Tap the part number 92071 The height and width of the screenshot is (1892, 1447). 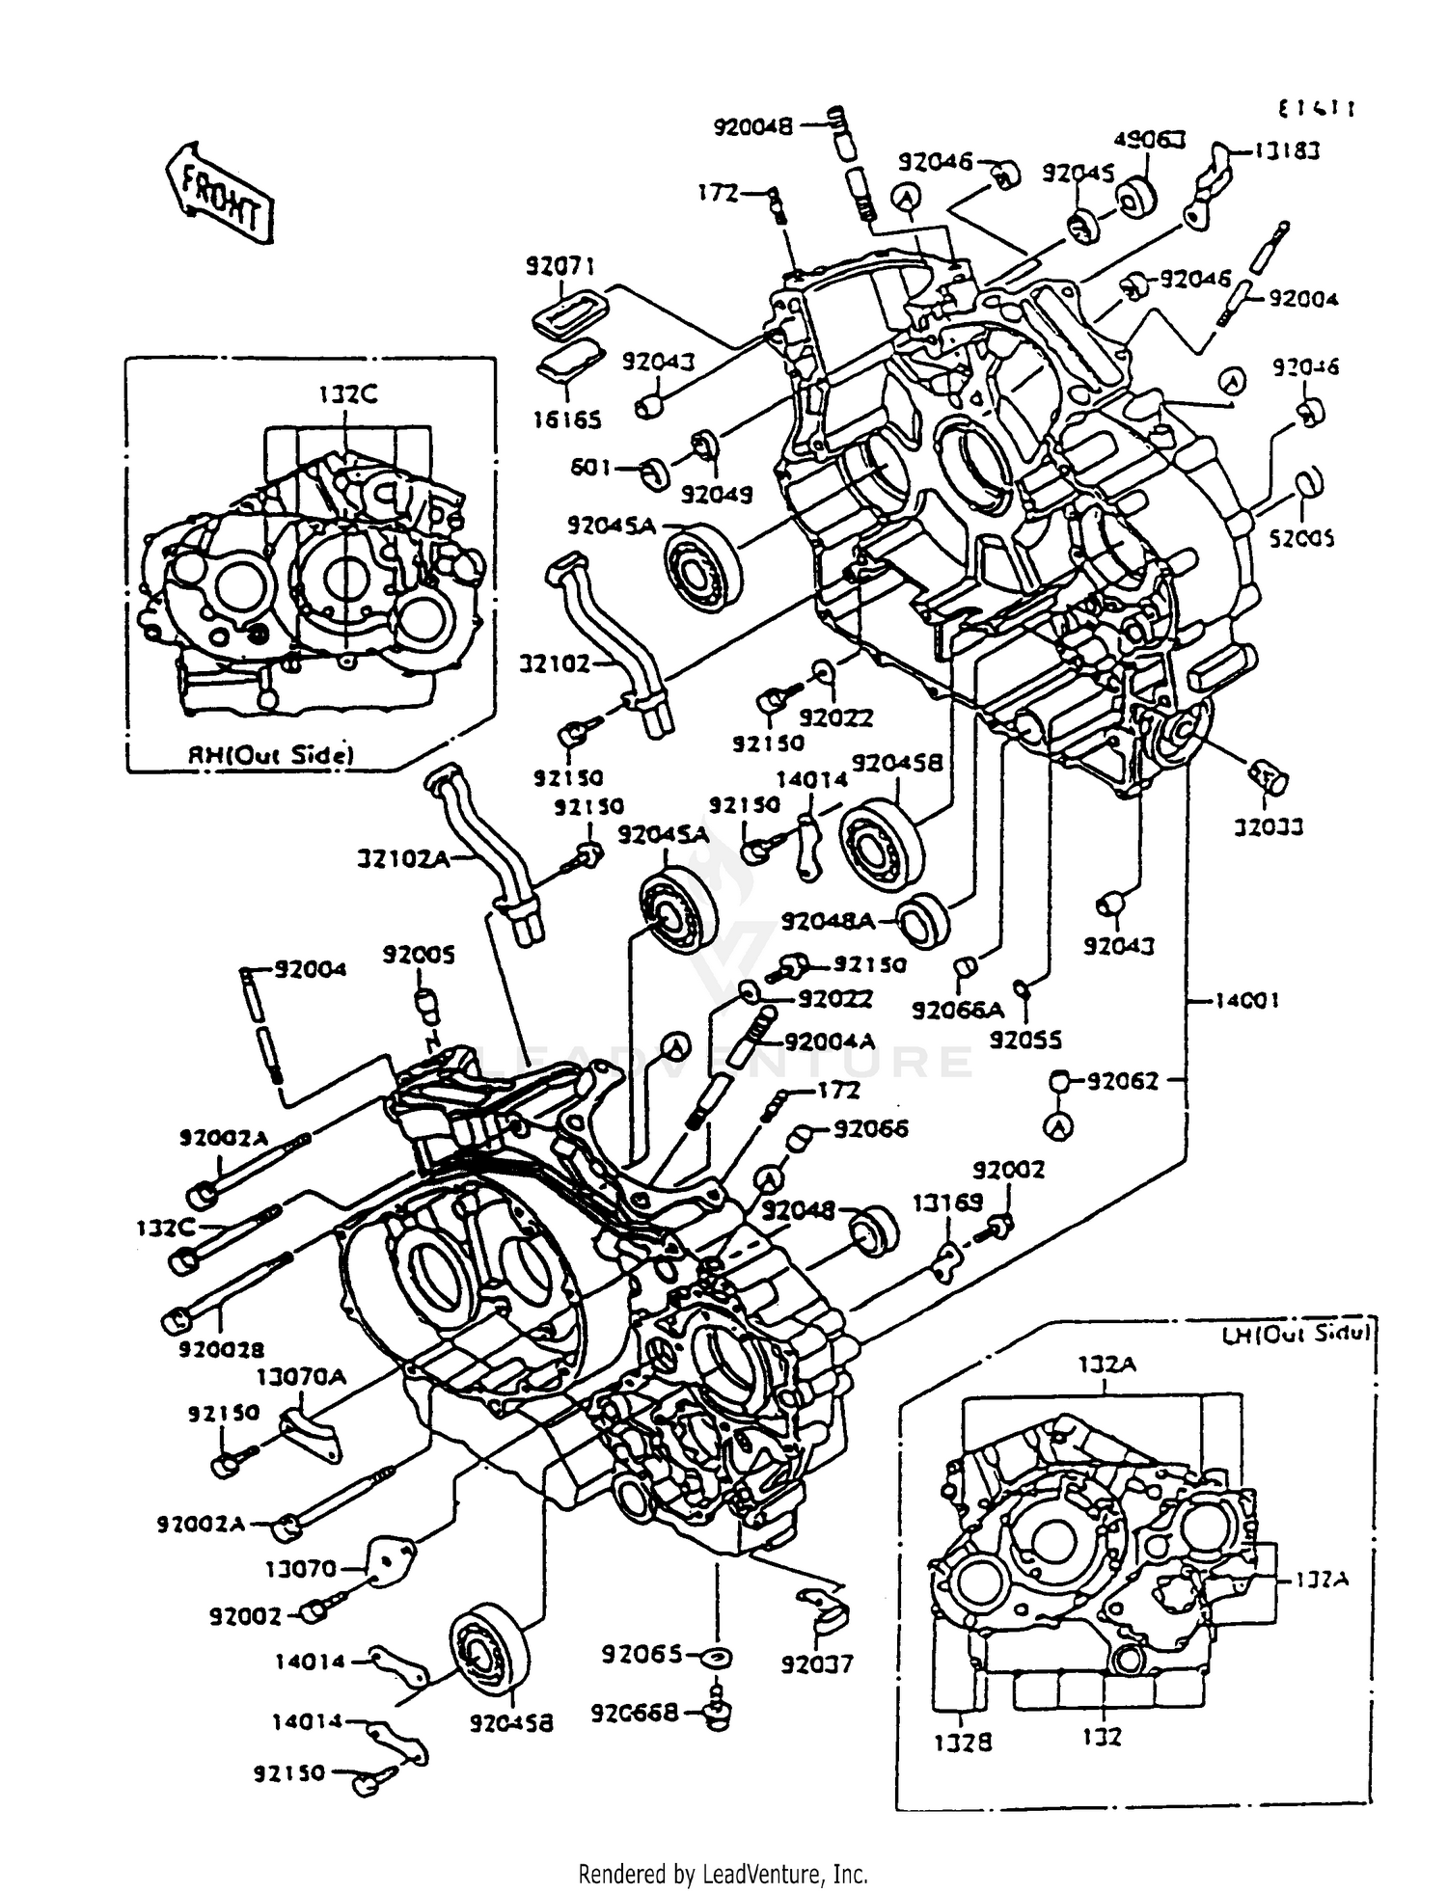560,266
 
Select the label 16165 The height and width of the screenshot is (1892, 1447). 567,419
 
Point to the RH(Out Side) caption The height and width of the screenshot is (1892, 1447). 269,755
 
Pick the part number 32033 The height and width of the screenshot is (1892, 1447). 1270,826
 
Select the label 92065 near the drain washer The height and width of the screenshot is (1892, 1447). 642,1655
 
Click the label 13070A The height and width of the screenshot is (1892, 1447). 301,1376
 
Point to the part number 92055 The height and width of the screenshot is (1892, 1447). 1026,1041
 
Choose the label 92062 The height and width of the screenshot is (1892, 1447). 1123,1081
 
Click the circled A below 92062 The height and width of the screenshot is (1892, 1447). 1059,1125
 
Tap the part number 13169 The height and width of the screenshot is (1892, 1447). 947,1202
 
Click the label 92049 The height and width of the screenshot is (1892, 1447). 717,494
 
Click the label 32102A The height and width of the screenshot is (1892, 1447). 403,857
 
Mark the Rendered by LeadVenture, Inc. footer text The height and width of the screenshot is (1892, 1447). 723,1874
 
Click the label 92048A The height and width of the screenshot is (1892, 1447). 828,922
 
